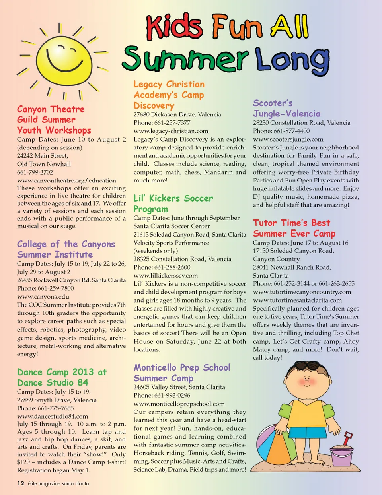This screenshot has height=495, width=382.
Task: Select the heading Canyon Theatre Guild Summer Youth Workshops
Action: (x=54, y=120)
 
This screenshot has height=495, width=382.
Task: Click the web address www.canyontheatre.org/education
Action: (x=66, y=181)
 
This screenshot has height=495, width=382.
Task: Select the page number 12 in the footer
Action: (x=21, y=483)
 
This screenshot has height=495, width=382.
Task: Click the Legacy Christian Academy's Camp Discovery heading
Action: (x=169, y=95)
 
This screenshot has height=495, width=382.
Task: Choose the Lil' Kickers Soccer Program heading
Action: (x=173, y=204)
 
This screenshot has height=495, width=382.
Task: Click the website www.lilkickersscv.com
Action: (x=166, y=276)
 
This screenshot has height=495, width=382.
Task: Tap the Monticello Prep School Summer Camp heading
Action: (x=182, y=373)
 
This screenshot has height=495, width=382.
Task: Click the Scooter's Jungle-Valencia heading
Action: (x=286, y=109)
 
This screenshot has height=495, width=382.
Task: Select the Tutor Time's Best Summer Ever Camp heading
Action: (x=294, y=228)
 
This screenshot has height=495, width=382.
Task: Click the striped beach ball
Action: (x=274, y=441)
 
